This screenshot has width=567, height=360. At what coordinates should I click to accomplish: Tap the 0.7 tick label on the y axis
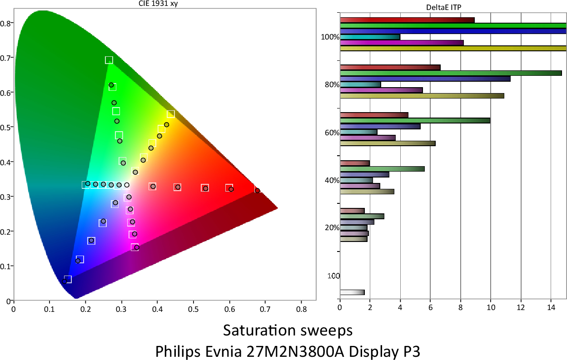(x=6, y=58)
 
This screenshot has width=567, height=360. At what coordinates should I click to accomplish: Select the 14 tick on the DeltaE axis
(x=551, y=307)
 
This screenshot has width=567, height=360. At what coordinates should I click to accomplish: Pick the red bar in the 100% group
(x=407, y=20)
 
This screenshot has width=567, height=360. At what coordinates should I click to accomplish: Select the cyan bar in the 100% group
(x=370, y=37)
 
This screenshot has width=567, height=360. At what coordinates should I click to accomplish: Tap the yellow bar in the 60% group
(x=388, y=143)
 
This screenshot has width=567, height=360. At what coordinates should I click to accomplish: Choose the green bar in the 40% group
(x=382, y=169)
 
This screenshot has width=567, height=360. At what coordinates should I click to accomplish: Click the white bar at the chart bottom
(x=352, y=292)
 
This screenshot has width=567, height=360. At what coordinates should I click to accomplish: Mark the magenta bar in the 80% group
(x=381, y=90)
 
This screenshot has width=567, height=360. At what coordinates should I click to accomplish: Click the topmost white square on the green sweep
(x=109, y=60)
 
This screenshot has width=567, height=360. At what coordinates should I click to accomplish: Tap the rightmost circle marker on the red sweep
(x=258, y=191)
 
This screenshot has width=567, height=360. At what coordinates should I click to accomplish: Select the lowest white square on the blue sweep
(x=68, y=279)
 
